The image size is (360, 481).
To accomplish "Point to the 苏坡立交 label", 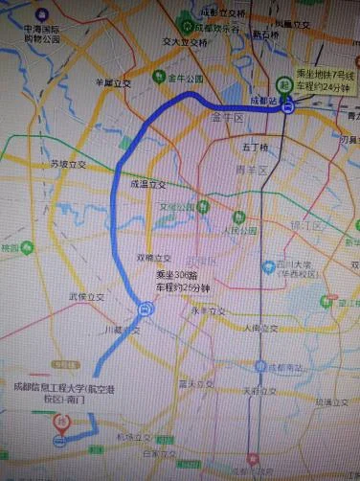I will tap(69, 164).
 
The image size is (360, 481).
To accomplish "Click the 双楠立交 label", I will tap(154, 257).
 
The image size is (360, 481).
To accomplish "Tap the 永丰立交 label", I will tap(206, 310).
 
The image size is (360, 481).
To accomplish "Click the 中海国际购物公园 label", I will tap(42, 34).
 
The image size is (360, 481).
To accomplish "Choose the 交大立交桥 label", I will tap(185, 42).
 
